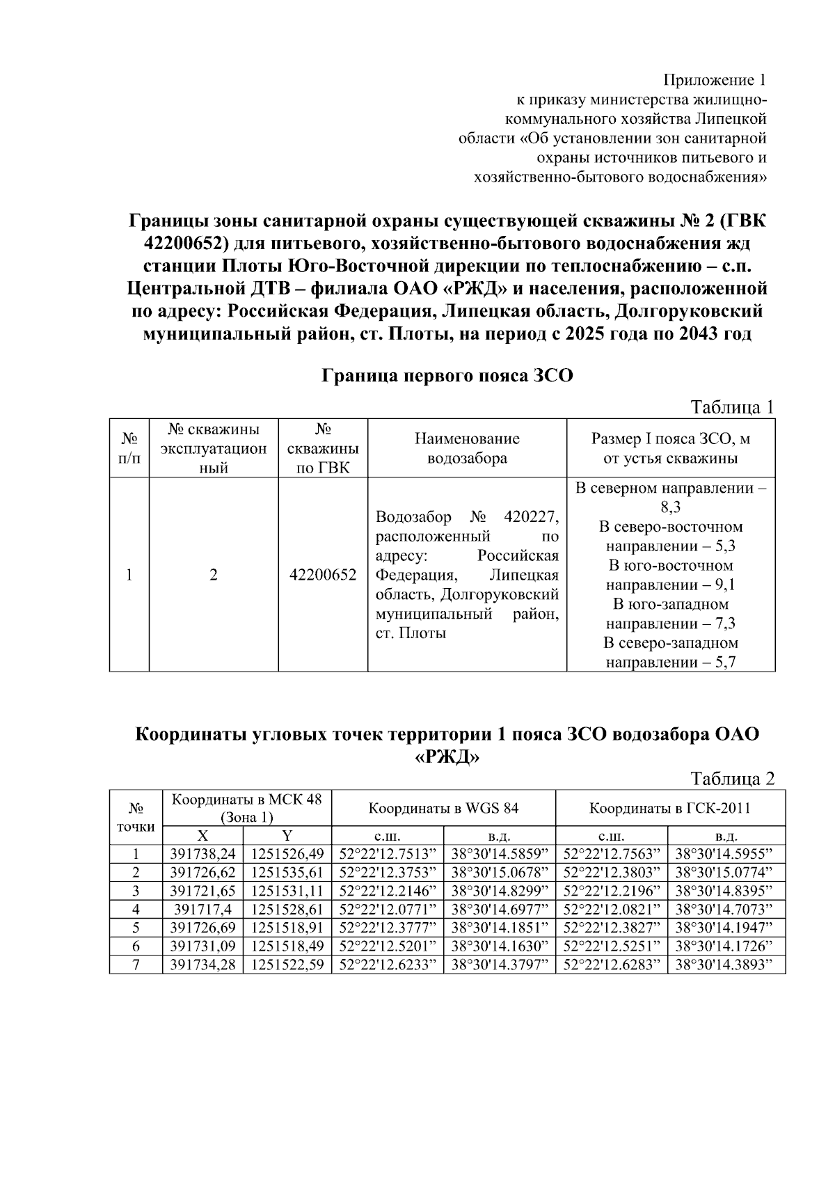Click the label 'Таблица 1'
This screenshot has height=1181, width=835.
[731, 407]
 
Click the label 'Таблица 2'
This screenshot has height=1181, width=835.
[731, 778]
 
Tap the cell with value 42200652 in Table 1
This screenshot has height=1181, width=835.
[323, 575]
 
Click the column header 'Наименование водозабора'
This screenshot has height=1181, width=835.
[467, 448]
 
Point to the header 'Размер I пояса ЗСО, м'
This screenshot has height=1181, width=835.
[670, 439]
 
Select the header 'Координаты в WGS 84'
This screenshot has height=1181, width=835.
[443, 808]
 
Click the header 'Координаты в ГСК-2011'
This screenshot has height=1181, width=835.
[669, 808]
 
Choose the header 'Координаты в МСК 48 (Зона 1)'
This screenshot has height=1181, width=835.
[247, 808]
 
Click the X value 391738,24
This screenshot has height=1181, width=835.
[202, 854]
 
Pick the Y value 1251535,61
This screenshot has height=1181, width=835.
[287, 873]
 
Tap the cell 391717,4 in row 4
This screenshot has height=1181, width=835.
[202, 910]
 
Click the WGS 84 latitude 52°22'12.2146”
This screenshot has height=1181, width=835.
[388, 891]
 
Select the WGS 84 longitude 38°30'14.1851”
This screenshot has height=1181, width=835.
[500, 928]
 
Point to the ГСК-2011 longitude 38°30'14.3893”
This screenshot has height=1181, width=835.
[726, 965]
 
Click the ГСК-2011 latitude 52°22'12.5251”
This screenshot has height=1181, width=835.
[611, 946]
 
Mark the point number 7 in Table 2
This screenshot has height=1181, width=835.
[136, 965]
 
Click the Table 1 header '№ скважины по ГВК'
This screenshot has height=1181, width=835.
[323, 448]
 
